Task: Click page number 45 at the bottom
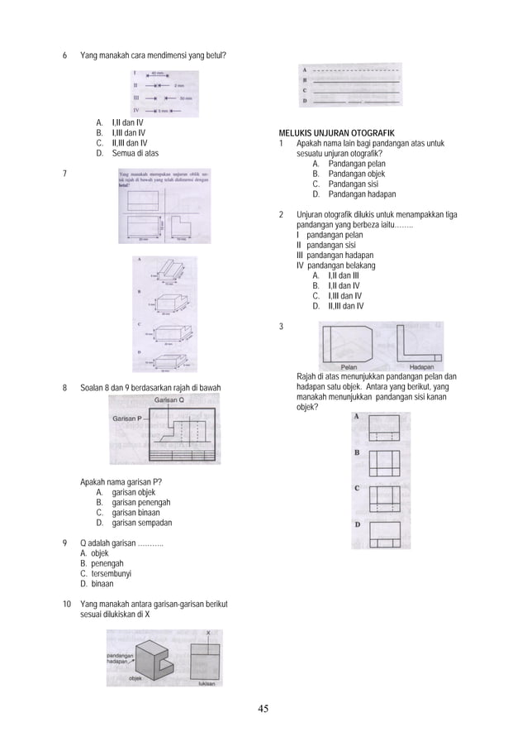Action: click(x=263, y=708)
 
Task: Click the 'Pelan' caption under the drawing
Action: click(x=352, y=366)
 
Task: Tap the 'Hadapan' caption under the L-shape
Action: click(x=422, y=366)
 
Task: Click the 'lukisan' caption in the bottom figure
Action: click(x=208, y=683)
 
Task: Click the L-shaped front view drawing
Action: click(x=420, y=343)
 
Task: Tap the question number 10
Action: click(x=66, y=605)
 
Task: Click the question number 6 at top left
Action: click(x=65, y=55)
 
